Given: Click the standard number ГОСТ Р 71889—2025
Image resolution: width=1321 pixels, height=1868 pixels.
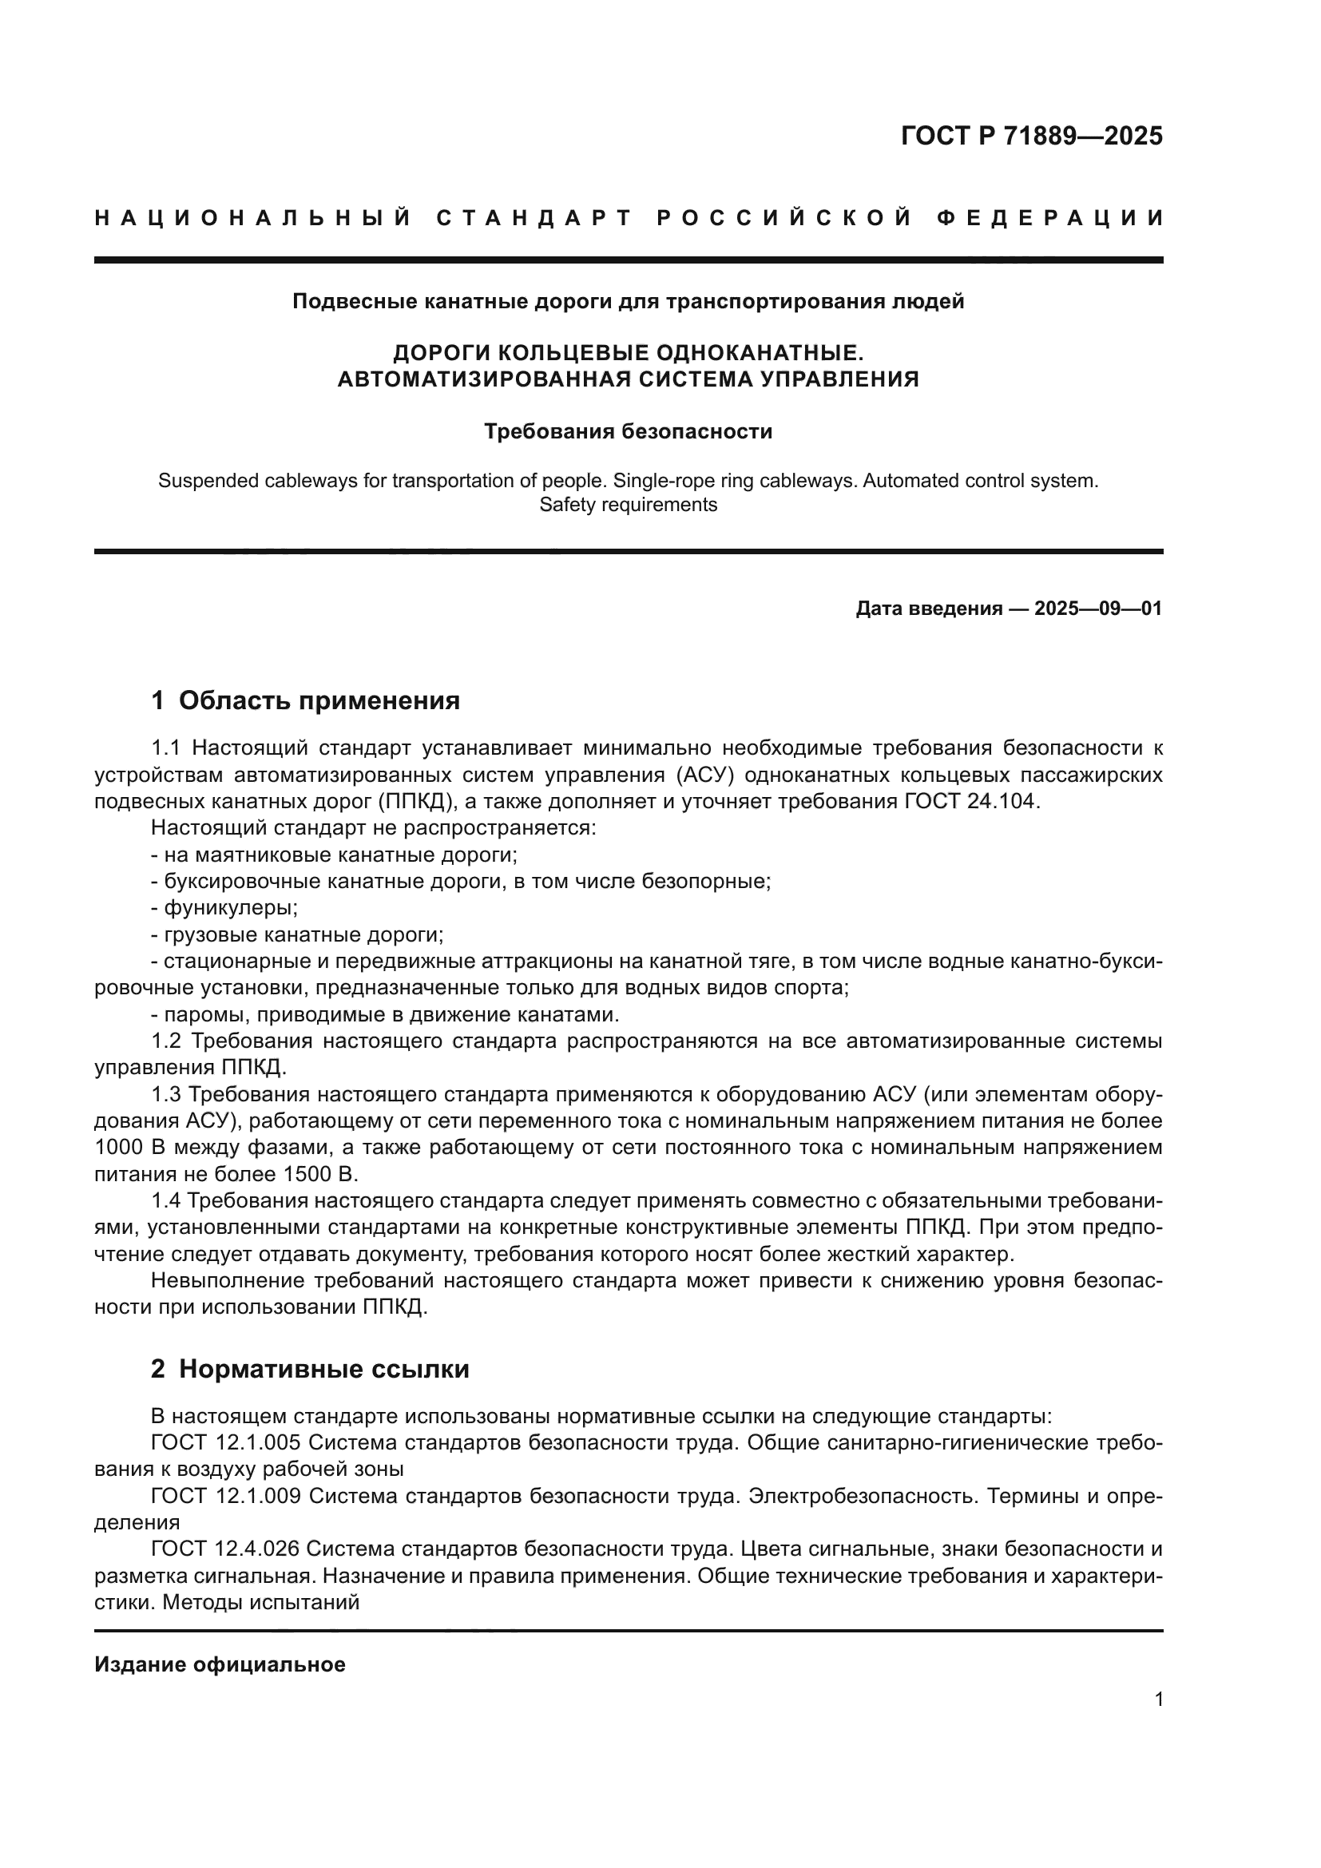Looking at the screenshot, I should point(1031,136).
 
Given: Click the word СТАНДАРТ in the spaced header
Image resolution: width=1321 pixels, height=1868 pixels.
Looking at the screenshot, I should point(534,218).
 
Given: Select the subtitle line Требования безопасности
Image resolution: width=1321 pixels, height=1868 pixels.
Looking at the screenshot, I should point(628,431).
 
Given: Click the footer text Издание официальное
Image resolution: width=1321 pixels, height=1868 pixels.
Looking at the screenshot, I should point(220,1664).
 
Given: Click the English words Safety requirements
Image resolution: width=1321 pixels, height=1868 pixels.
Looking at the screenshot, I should point(628,505).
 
